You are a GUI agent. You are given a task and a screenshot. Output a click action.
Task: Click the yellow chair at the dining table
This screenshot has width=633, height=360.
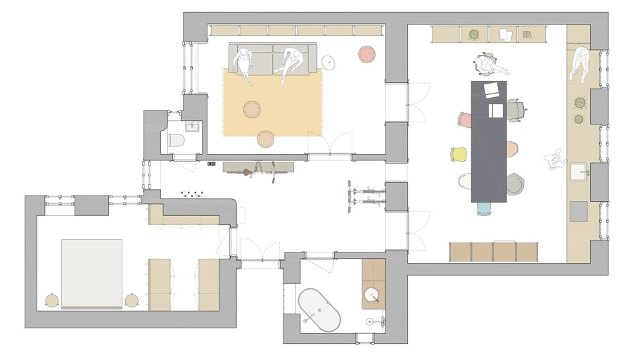click(459, 153)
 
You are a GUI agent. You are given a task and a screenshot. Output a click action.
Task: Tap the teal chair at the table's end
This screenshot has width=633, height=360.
click(484, 208)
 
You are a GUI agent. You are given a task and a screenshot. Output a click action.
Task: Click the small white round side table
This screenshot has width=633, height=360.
click(328, 63)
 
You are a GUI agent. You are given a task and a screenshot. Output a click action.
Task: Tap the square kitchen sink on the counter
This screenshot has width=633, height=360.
click(580, 172)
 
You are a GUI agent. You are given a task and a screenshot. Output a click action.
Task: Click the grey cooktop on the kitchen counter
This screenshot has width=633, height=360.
click(578, 211)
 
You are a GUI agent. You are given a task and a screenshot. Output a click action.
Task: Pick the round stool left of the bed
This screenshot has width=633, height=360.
click(51, 300)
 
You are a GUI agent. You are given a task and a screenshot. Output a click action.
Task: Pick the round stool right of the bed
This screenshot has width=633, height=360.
click(132, 300)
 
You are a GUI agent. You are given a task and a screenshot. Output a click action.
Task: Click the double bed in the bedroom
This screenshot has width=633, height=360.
click(91, 274)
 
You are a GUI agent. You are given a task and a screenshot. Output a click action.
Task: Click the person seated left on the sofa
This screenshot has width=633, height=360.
click(244, 64)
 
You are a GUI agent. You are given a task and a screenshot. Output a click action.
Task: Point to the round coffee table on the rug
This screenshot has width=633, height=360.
click(252, 109)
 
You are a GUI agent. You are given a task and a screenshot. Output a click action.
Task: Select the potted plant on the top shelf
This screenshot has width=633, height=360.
click(473, 33)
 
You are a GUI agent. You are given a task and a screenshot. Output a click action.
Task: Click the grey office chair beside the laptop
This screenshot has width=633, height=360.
click(516, 109)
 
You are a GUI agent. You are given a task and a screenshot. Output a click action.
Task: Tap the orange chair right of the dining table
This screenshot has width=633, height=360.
click(511, 150)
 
